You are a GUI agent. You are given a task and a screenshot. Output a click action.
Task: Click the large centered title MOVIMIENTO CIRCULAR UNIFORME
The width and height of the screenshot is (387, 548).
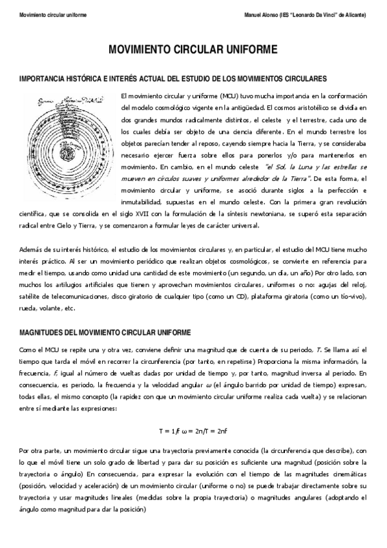pyautogui.click(x=193, y=49)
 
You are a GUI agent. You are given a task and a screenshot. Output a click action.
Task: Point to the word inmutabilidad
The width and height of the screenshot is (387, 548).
pyautogui.click(x=143, y=202)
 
